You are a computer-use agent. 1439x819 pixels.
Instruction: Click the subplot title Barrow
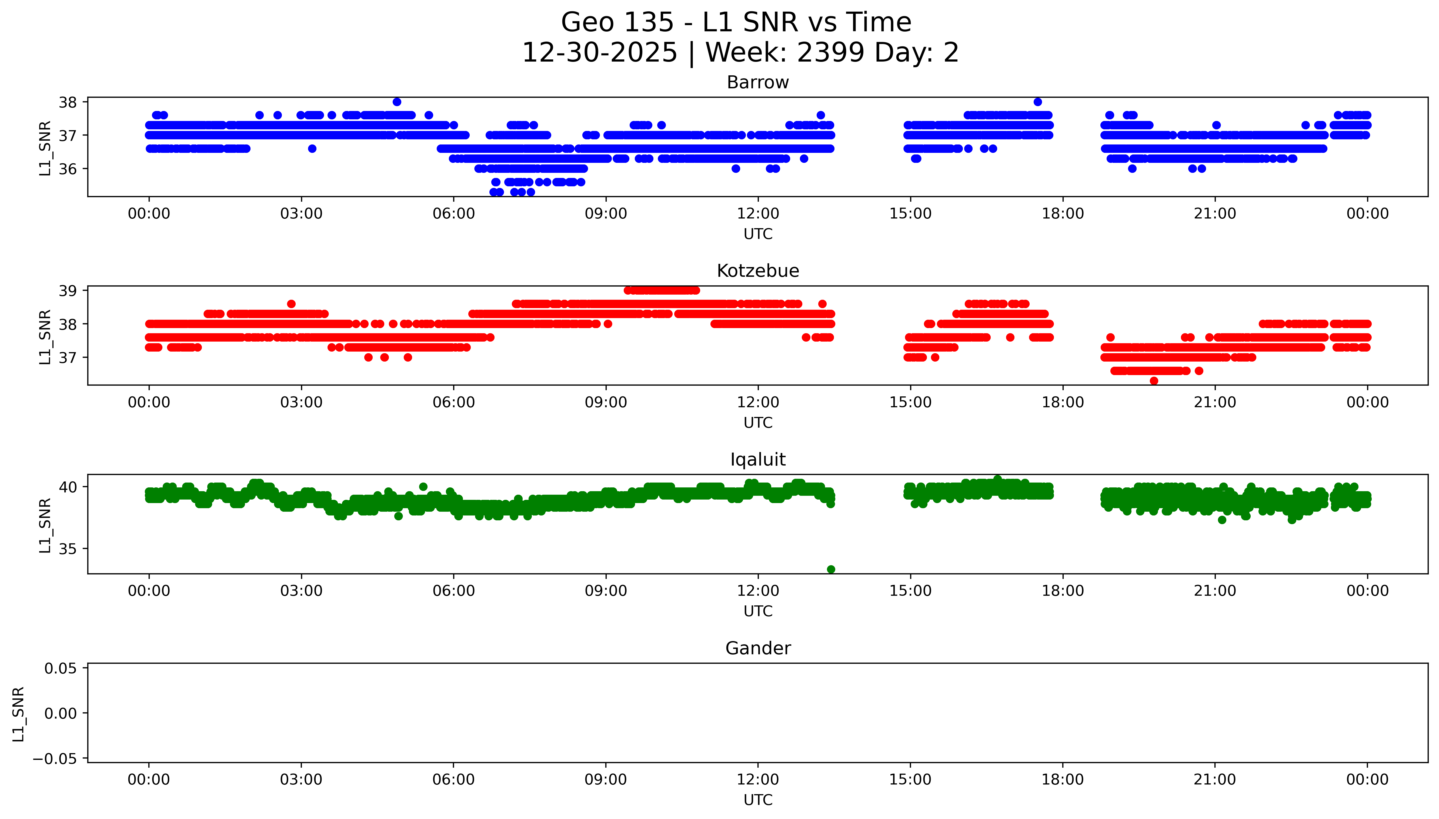click(x=757, y=83)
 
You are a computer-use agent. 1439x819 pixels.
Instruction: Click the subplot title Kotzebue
click(x=757, y=271)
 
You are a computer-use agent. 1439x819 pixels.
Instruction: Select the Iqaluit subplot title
click(x=757, y=460)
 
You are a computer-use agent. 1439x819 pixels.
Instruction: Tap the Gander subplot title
click(x=757, y=649)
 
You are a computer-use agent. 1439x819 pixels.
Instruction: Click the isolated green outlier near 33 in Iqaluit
click(x=831, y=569)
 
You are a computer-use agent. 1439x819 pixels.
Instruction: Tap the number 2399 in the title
click(x=830, y=53)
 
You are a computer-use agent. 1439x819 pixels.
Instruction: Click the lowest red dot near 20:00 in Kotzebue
click(x=1154, y=381)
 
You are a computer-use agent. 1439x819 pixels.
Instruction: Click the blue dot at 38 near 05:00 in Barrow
click(x=397, y=102)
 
